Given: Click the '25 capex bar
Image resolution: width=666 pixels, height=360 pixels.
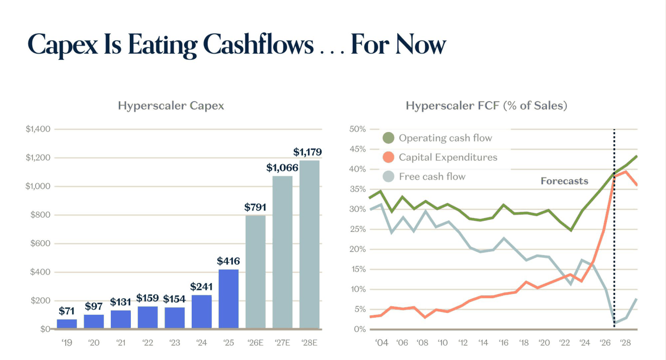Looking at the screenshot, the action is [228, 299].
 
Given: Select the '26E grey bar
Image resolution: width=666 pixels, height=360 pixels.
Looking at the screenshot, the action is [255, 272].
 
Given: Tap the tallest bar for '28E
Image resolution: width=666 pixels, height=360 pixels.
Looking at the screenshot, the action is [309, 244].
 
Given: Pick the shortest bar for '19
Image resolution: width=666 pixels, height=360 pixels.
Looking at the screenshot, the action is [67, 324].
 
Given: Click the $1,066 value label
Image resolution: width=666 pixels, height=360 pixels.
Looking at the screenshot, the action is [282, 168].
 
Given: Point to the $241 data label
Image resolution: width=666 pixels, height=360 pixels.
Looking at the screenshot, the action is [201, 287].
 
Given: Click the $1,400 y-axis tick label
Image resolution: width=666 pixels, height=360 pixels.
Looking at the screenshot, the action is [38, 129].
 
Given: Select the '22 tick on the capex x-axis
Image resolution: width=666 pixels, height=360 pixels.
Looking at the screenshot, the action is [147, 343].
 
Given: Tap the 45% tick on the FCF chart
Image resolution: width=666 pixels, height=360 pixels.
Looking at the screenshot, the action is [357, 149].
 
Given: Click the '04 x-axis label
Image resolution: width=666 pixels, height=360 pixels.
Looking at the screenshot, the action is [382, 343].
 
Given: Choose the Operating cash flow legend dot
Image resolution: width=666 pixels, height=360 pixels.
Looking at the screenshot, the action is [388, 138].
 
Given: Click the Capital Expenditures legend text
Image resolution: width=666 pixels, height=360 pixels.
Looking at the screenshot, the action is [448, 157].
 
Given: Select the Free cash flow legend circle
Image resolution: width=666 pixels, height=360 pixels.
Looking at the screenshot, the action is [388, 176].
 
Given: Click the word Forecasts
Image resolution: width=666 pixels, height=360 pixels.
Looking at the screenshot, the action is [564, 181].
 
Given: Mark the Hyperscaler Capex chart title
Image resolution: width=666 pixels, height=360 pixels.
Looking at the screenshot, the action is [171, 106].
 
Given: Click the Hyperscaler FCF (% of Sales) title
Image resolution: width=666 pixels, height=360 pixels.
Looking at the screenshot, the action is [486, 106].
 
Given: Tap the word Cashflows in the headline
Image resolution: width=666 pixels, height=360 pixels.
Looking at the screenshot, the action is [258, 45].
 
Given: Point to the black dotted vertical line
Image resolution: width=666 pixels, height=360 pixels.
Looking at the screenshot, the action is [614, 228].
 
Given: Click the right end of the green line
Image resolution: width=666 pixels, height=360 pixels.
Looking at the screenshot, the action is [637, 156].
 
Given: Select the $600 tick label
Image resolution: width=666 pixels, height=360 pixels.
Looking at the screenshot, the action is [40, 243].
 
